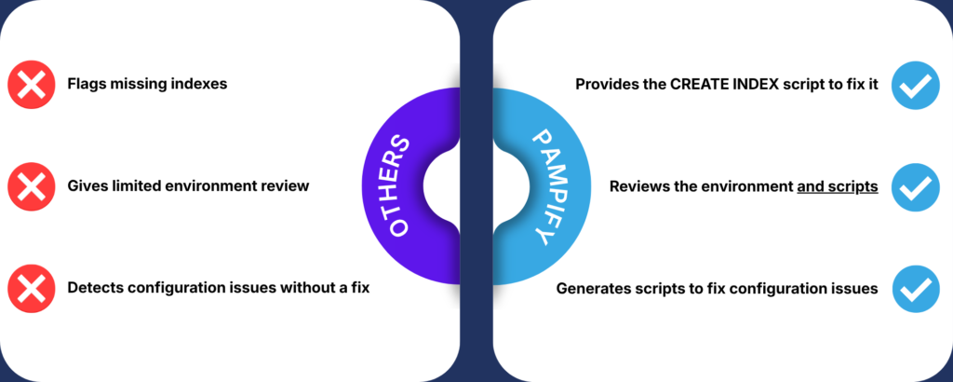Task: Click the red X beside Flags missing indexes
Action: pyautogui.click(x=31, y=85)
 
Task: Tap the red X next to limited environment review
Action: pyautogui.click(x=31, y=186)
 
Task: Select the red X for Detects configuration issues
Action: pyautogui.click(x=31, y=288)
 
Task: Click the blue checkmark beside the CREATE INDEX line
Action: pyautogui.click(x=914, y=85)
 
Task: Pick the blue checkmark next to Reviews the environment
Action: pyautogui.click(x=914, y=186)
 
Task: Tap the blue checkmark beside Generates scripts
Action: pyautogui.click(x=914, y=288)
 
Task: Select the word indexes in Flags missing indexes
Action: pyautogui.click(x=199, y=85)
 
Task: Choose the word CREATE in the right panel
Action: pyautogui.click(x=695, y=85)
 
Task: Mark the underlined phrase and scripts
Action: pyautogui.click(x=838, y=186)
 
